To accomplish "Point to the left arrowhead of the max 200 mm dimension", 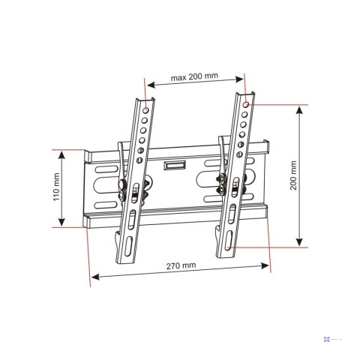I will tap(148, 84).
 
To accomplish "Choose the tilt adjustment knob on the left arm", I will tap(121, 185).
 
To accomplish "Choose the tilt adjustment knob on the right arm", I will tap(223, 180).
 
